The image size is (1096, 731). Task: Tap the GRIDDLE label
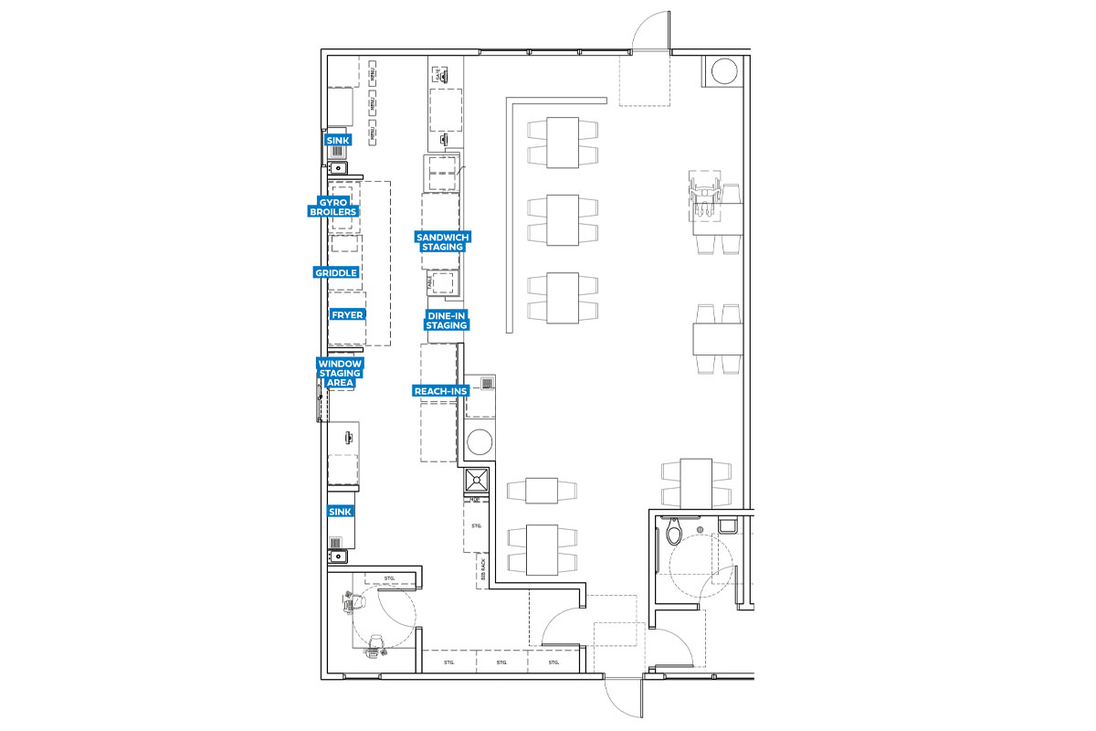tap(336, 272)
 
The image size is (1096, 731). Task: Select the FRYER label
tap(347, 314)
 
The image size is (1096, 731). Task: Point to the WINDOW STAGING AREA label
tap(340, 373)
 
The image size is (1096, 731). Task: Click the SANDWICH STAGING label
tap(442, 241)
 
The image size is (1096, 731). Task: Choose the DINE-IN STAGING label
tap(447, 320)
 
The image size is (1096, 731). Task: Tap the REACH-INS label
tap(440, 391)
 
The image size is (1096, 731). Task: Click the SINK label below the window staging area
tap(341, 512)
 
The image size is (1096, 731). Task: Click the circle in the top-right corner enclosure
tap(724, 70)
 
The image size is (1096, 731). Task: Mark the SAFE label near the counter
tap(438, 72)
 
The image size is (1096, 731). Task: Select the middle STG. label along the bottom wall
tap(501, 662)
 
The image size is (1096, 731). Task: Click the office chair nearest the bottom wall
tap(373, 650)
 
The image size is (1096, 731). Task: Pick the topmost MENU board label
tap(373, 68)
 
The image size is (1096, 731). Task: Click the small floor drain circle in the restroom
tap(700, 529)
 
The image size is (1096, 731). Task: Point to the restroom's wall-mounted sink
tap(728, 525)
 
